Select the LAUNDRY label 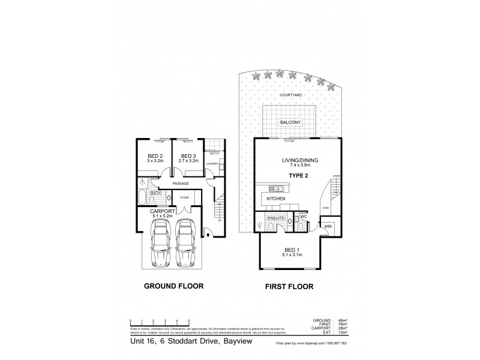coord(211,163)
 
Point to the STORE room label coord(185,197)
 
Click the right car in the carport coord(185,242)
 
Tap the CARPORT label coord(162,211)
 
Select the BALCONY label coord(290,122)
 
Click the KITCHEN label coord(277,199)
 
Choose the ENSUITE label coord(268,218)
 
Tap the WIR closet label coord(328,227)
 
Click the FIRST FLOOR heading coord(290,287)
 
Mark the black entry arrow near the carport coord(208,235)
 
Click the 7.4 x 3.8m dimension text coord(292,166)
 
